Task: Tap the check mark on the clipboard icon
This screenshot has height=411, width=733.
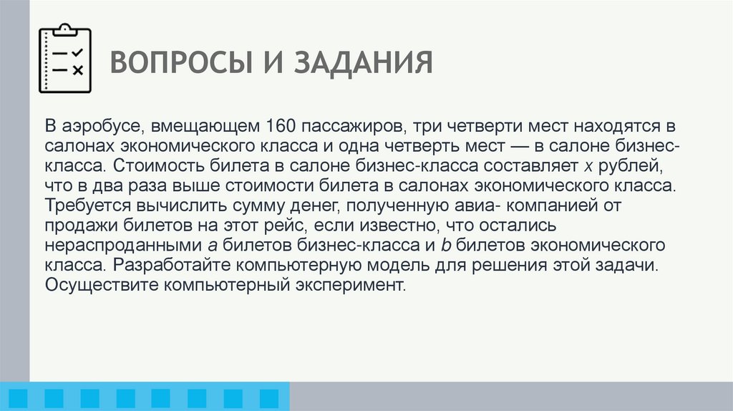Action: click(78, 52)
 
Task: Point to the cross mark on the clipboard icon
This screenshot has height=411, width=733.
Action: click(78, 70)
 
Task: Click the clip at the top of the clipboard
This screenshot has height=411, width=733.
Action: click(64, 29)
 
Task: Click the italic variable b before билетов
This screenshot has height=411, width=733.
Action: click(444, 246)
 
